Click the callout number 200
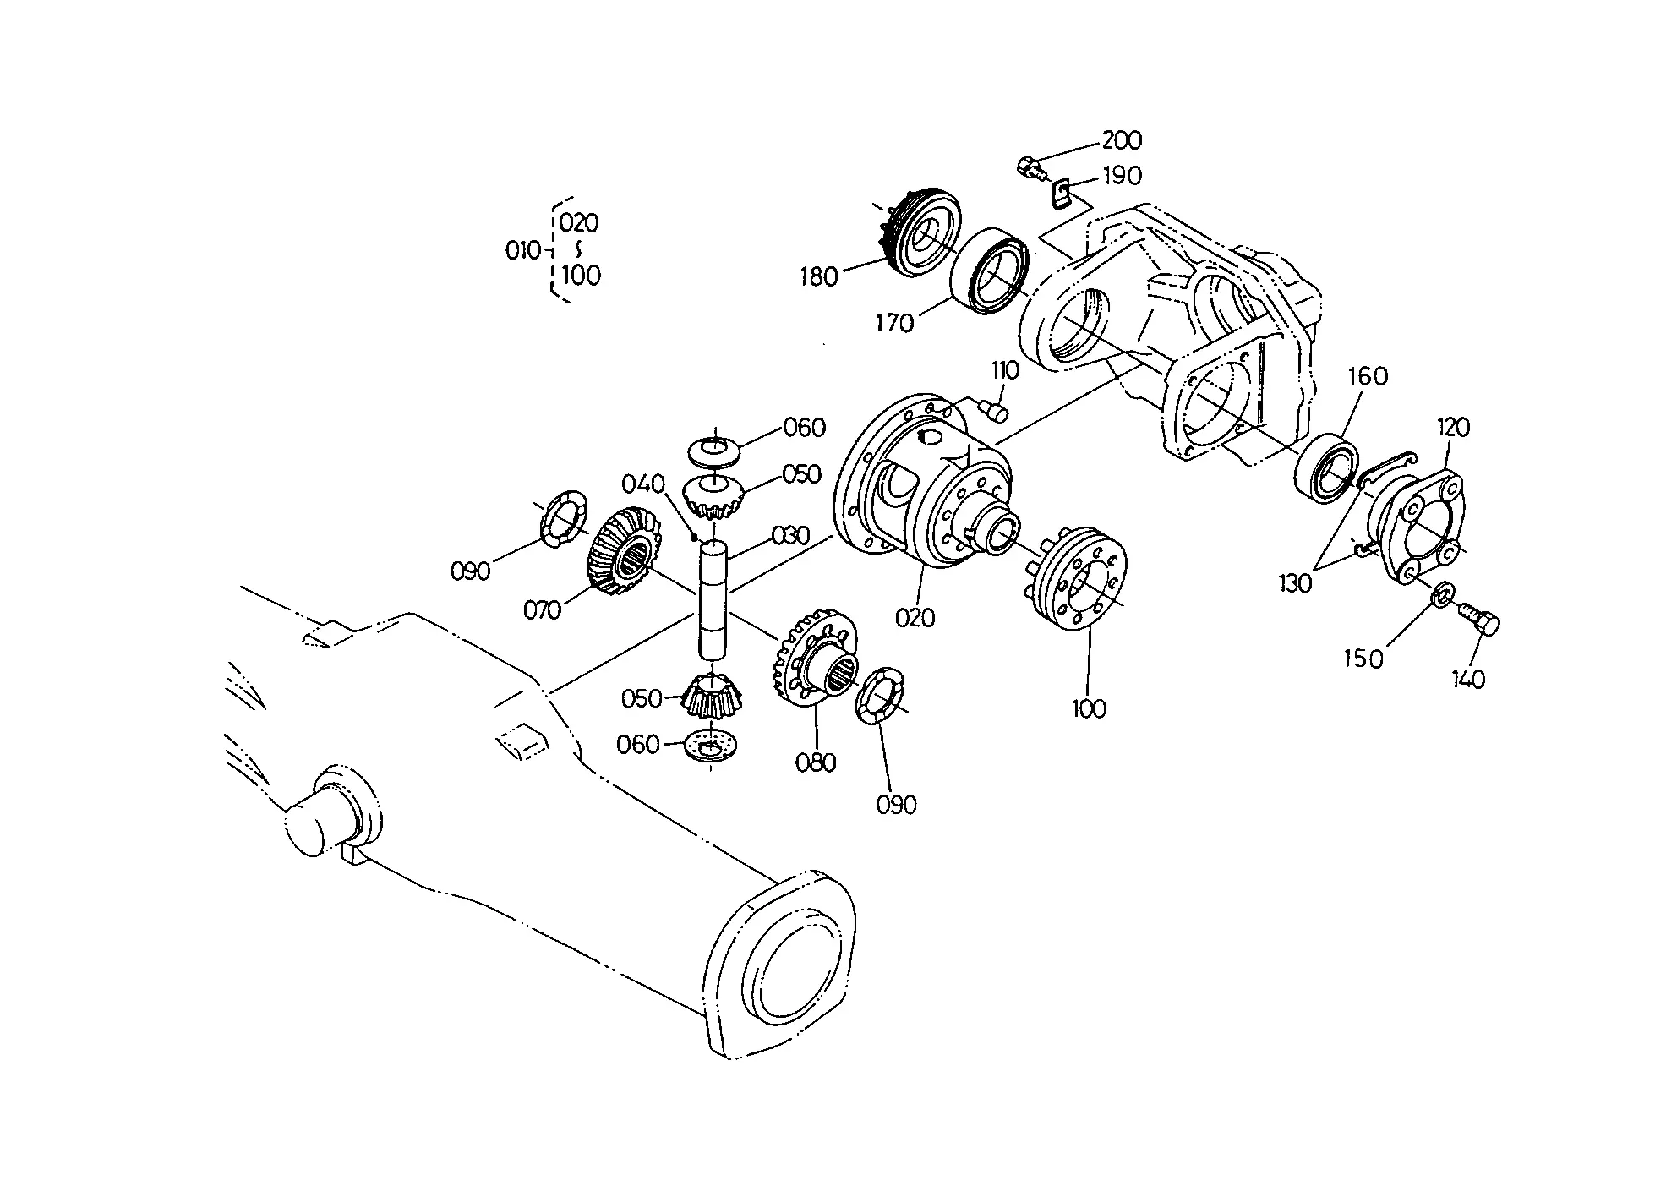1122,139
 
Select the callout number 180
818,276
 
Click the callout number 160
1367,375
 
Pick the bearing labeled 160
1328,470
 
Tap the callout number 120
1453,427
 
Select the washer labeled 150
1442,594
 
